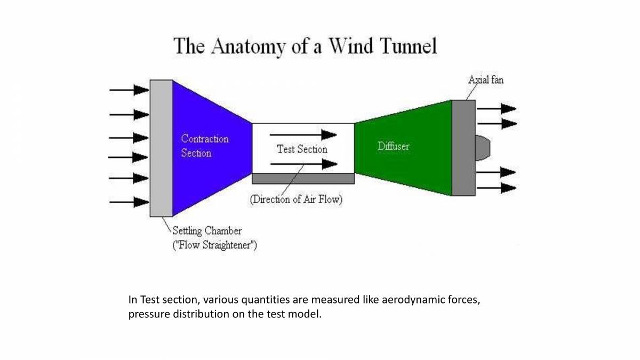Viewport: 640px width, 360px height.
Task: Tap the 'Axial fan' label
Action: tap(485, 80)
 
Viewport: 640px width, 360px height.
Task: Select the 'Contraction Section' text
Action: tap(204, 146)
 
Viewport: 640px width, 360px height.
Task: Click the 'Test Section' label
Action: tap(302, 149)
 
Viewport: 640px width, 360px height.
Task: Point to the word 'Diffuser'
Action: tap(393, 146)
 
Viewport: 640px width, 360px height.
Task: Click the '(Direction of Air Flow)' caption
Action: tap(296, 200)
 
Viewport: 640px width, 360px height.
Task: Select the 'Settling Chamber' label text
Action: tap(206, 231)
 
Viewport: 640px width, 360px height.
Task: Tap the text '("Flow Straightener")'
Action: tap(214, 246)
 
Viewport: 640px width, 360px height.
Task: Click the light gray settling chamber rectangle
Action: tap(161, 148)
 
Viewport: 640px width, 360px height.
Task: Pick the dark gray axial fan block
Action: tap(463, 148)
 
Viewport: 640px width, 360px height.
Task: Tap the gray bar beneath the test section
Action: tap(303, 178)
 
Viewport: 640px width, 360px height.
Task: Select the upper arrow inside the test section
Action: tap(303, 135)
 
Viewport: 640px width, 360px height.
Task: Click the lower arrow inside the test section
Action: tap(303, 164)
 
